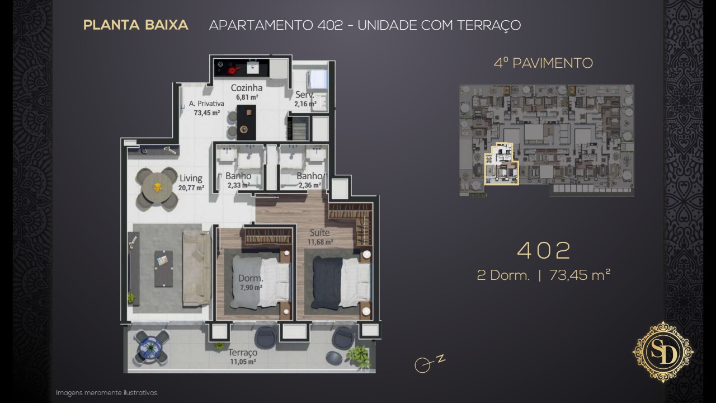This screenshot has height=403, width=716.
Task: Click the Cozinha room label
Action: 247,88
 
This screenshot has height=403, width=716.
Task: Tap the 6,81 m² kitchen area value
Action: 247,97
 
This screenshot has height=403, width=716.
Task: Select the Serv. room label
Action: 305,95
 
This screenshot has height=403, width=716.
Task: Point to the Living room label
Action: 191,178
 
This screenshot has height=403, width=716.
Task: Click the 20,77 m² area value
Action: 191,188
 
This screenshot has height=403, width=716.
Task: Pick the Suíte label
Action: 319,232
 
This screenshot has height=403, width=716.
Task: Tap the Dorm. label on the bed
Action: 251,278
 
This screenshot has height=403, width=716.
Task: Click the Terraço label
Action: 243,353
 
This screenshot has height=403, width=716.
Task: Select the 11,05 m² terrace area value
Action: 243,362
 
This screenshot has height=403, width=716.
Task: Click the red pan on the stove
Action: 232,71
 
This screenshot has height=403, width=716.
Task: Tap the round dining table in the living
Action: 157,187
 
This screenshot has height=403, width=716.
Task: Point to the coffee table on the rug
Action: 164,268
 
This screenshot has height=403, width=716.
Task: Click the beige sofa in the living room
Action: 196,268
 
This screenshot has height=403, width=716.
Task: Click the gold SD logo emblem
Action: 663,352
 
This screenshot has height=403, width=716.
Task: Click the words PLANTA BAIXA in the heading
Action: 135,25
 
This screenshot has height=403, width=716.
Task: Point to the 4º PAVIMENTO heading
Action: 543,63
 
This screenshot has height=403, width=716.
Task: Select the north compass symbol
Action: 428,363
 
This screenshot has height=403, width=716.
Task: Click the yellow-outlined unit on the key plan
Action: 501,165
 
